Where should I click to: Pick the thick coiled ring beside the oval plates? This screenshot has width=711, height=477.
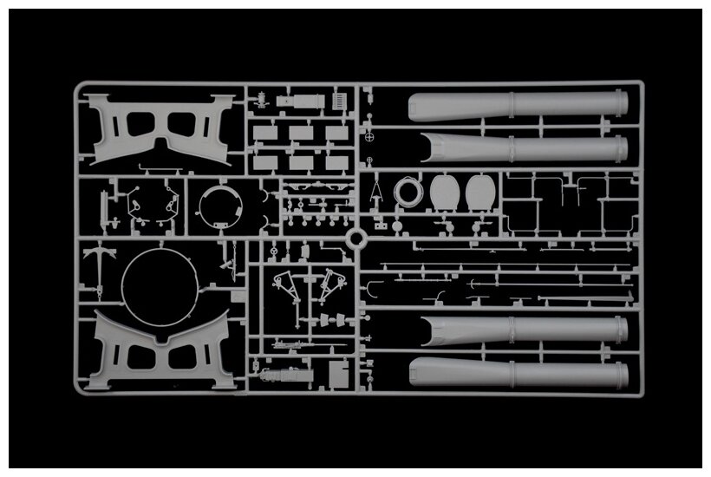pos(408,191)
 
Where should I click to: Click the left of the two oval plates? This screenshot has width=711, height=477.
pos(444,192)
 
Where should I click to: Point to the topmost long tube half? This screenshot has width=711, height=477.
pos(518,105)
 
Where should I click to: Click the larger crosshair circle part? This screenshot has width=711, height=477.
pos(372,136)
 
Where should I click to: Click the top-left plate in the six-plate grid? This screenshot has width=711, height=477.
pos(264,134)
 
